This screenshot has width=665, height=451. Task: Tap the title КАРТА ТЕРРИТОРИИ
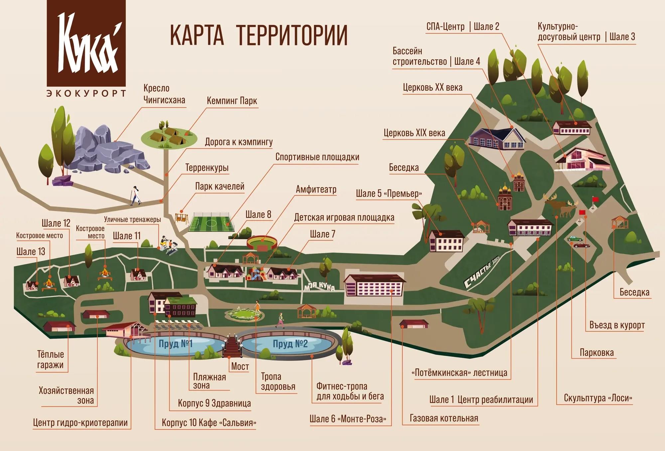pos(259,35)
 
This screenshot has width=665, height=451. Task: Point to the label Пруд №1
pos(176,343)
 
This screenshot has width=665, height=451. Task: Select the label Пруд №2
pos(290,344)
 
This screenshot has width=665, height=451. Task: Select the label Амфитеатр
pos(316,189)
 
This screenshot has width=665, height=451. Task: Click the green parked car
pos(575,239)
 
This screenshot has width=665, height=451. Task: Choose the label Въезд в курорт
pos(617,325)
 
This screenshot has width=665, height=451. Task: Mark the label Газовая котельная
pos(444,418)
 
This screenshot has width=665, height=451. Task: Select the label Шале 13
pos(31,252)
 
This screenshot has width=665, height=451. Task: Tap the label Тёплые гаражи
pos(50,360)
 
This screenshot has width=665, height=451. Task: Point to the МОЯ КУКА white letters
pos(319,286)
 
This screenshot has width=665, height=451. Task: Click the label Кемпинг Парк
pos(232,101)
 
